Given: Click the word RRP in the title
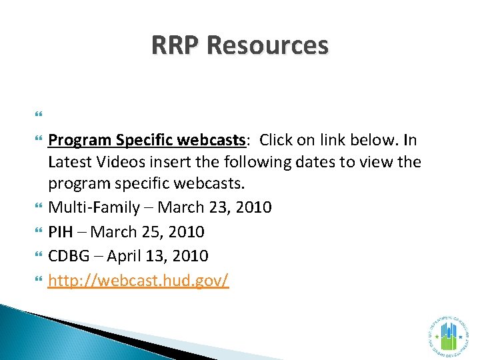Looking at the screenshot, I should click(x=176, y=46).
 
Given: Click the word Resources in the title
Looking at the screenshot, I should click(x=267, y=46).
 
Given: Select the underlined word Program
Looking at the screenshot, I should click(x=80, y=140).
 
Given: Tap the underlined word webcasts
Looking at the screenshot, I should click(x=213, y=140).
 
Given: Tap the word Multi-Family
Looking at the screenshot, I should click(x=94, y=207).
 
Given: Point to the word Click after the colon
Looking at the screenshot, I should click(x=277, y=140).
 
